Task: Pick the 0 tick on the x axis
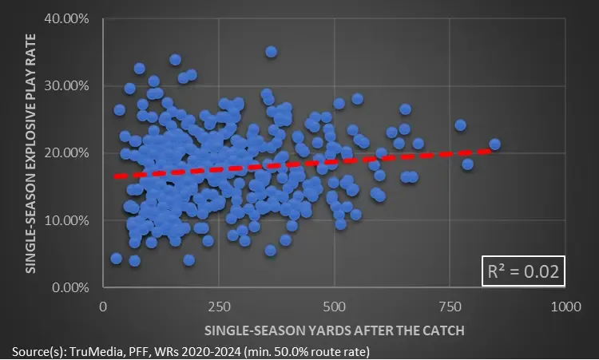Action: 103,307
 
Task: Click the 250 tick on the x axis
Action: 219,307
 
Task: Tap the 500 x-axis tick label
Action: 335,307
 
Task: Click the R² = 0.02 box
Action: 523,272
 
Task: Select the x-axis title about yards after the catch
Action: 334,330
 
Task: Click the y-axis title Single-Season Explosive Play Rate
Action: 32,152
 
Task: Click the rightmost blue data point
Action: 494,144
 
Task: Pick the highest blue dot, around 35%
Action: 271,52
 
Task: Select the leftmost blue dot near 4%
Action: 117,259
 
